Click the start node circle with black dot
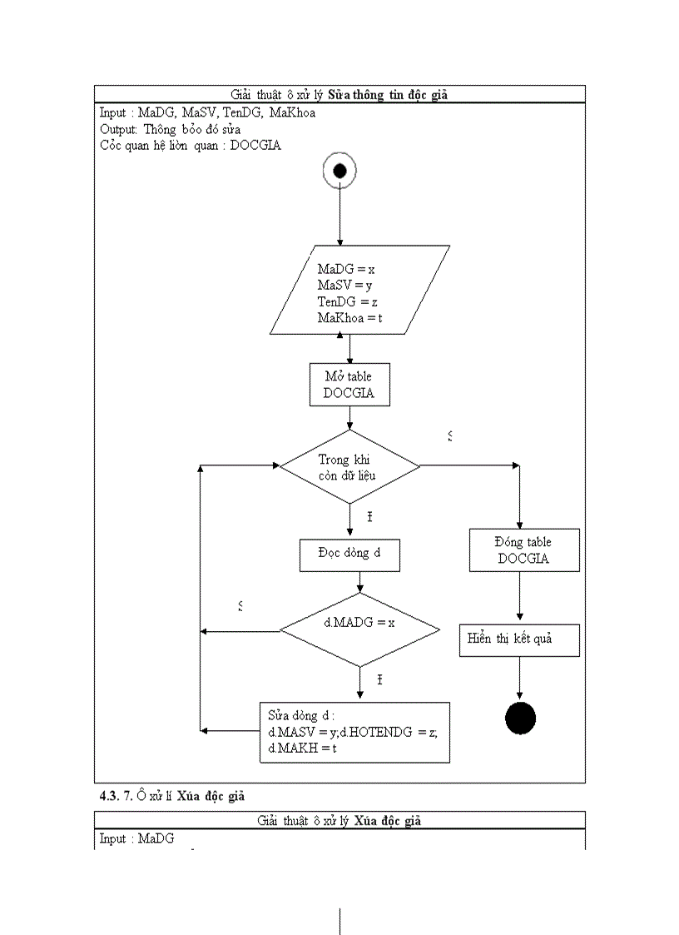coord(339,171)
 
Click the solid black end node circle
coord(520,719)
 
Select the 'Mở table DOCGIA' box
coord(349,385)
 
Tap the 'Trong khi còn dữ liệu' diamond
coord(349,467)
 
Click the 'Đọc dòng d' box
coord(349,555)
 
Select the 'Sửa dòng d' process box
coord(354,732)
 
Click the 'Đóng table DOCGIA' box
coord(523,550)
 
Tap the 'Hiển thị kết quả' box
coord(519,639)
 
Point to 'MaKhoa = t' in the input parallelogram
coord(349,319)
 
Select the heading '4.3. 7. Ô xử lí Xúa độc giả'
coord(172,796)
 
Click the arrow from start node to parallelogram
coord(339,216)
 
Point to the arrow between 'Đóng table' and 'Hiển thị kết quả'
coord(520,597)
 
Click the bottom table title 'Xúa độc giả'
coord(387,821)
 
